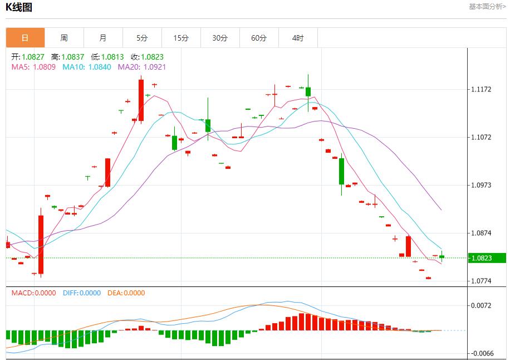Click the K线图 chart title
[19, 7]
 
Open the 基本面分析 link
[487, 7]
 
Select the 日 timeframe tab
[25, 38]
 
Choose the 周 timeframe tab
[64, 38]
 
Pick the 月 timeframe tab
[103, 38]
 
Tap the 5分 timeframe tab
[142, 38]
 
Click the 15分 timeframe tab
[181, 38]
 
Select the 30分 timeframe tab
[220, 38]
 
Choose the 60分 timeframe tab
[259, 38]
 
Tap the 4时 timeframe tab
[298, 38]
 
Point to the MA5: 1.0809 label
[33, 67]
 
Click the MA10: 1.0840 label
[86, 67]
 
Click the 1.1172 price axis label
[482, 89]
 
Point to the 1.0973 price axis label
[482, 185]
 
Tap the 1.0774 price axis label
[482, 281]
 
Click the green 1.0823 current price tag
[481, 258]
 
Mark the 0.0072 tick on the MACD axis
[482, 305]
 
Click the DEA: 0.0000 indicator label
[126, 293]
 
